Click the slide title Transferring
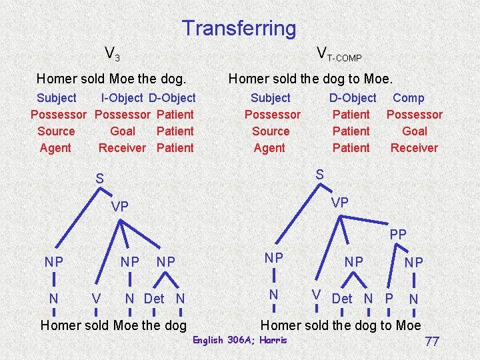pyautogui.click(x=239, y=28)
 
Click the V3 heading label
pyautogui.click(x=111, y=53)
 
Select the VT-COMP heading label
pyautogui.click(x=339, y=53)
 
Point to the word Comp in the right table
pyautogui.click(x=409, y=98)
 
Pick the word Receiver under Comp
pyautogui.click(x=414, y=148)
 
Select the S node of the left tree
pyautogui.click(x=99, y=179)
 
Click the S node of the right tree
pyautogui.click(x=319, y=174)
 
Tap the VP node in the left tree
pyautogui.click(x=120, y=207)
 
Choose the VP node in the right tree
pyautogui.click(x=340, y=202)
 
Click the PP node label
pyautogui.click(x=398, y=235)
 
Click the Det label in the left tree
pyautogui.click(x=154, y=299)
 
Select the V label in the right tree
pyautogui.click(x=317, y=295)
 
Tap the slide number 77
pyautogui.click(x=432, y=341)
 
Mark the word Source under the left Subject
pyautogui.click(x=56, y=131)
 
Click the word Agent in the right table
pyautogui.click(x=269, y=148)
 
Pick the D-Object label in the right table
pyautogui.click(x=353, y=98)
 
